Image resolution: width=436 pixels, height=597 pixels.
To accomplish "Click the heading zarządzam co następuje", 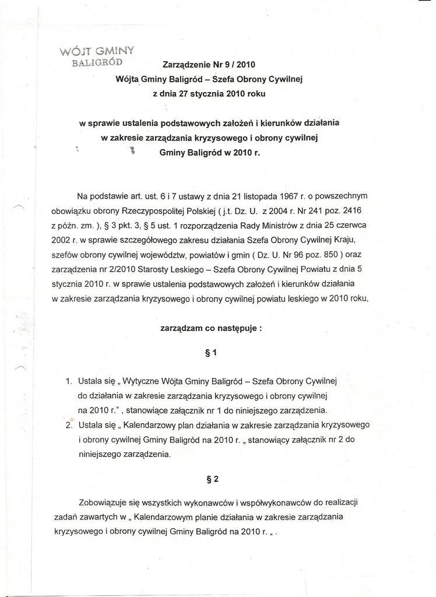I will pyautogui.click(x=210, y=328).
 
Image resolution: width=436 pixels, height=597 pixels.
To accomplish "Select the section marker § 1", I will pyautogui.click(x=212, y=353).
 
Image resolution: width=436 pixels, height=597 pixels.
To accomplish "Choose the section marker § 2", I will pyautogui.click(x=212, y=479).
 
